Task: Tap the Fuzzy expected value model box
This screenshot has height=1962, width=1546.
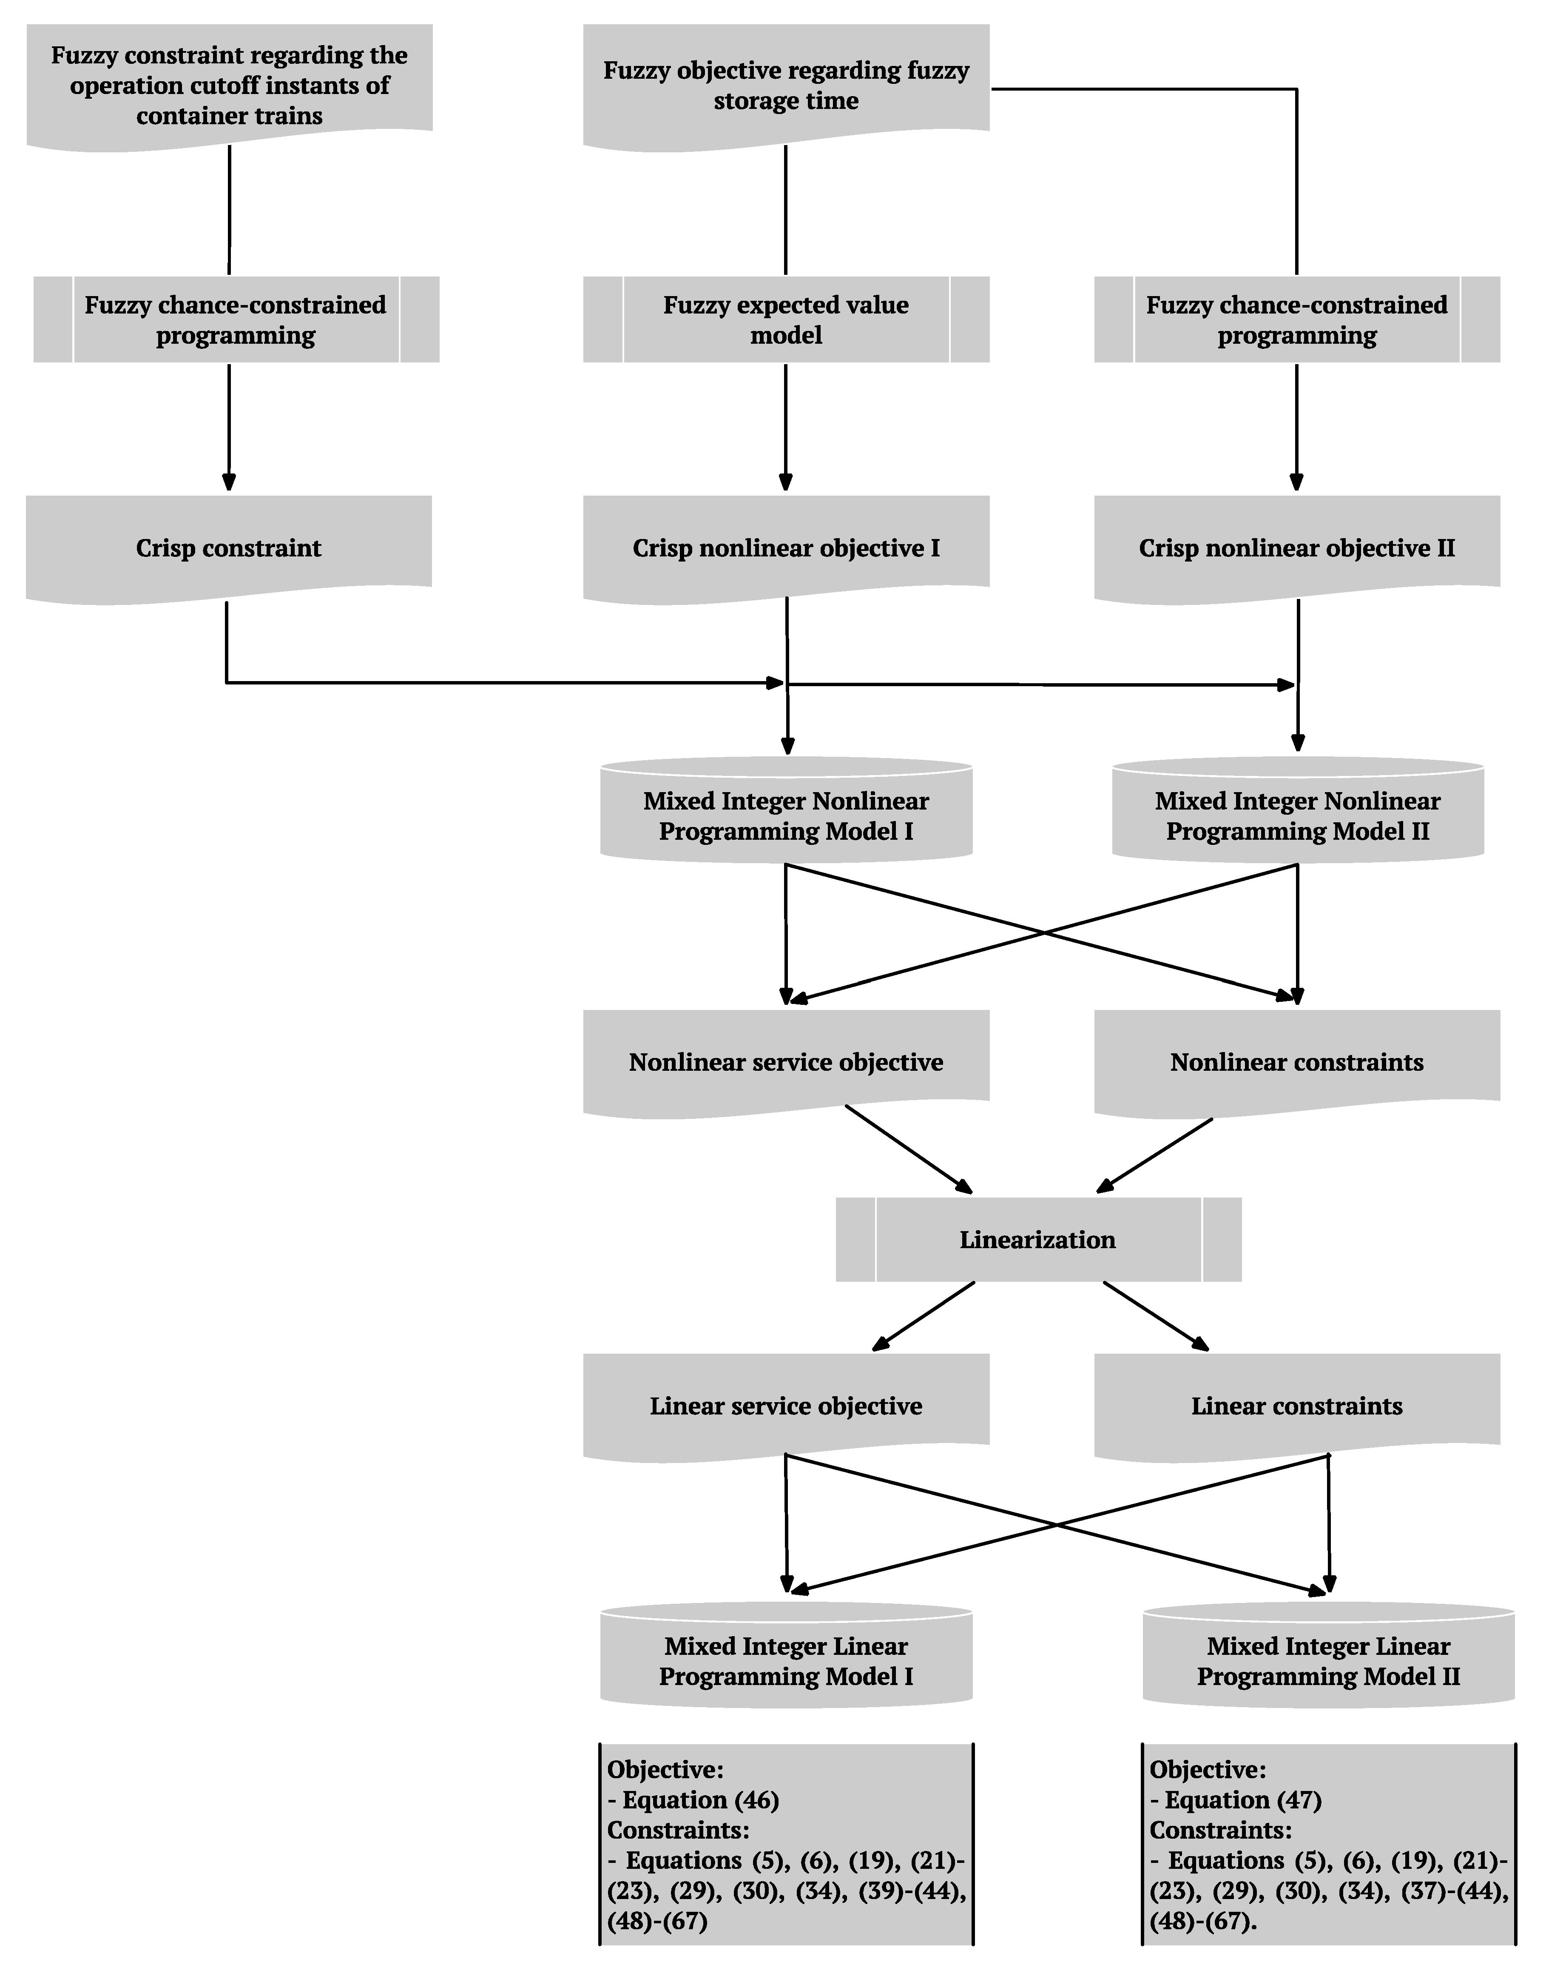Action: (786, 319)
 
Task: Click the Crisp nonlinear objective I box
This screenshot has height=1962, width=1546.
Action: (786, 548)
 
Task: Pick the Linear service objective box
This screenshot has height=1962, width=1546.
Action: (786, 1405)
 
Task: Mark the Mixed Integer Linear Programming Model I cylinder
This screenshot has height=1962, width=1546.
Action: (786, 1660)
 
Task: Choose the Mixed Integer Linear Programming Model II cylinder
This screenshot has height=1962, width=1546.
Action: (1328, 1660)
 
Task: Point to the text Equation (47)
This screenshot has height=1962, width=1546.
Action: (1242, 1800)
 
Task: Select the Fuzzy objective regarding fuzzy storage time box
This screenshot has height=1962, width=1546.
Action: (786, 85)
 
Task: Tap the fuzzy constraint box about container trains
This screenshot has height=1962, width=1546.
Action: (229, 85)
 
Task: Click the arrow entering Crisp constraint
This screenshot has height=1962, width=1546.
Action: (229, 453)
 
